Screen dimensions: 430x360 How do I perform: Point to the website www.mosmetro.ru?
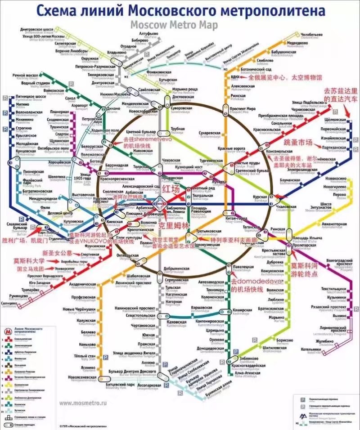coord(82,403)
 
